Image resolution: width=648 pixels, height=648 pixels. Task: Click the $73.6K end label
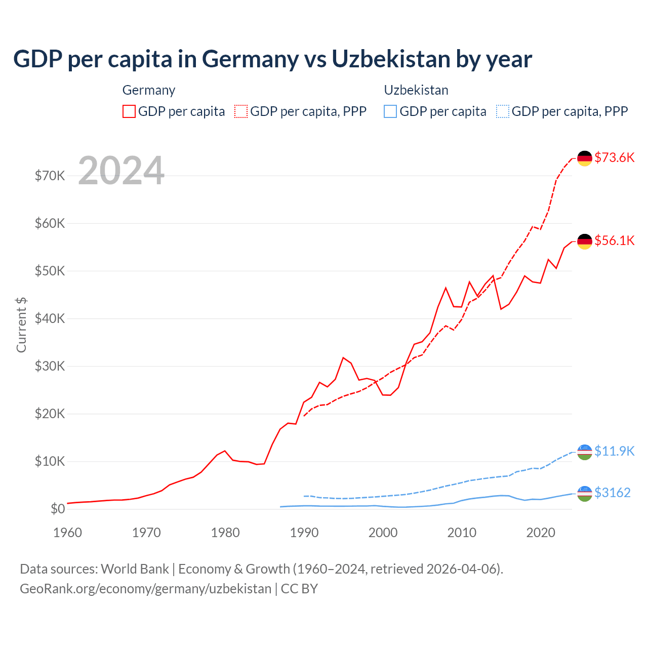pos(614,157)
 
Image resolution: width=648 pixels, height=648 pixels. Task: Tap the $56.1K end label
pos(614,240)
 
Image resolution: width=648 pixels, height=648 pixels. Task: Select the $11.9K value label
pos(614,451)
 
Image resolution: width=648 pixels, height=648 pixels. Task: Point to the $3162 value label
pos(612,493)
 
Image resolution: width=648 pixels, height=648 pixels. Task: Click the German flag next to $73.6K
pos(585,158)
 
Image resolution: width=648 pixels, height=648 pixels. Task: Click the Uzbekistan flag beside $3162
pos(585,494)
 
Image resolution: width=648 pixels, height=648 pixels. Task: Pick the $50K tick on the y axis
pos(50,271)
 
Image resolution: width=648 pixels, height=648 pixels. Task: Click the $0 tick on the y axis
pos(58,509)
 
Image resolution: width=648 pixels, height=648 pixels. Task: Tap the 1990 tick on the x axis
pos(304,533)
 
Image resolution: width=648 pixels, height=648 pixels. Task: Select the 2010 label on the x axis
pos(462,533)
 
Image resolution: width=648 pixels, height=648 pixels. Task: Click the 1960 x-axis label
pos(68,533)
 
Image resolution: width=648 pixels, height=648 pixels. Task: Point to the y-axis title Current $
pos(21,325)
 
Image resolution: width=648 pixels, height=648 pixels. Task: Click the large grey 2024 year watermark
pos(121,171)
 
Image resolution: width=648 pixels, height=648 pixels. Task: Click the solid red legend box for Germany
pos(129,111)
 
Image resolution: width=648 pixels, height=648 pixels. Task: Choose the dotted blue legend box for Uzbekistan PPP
pos(503,111)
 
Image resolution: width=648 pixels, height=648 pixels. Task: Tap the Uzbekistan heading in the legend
pos(416,90)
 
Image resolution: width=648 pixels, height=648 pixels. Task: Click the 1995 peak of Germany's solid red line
pos(343,358)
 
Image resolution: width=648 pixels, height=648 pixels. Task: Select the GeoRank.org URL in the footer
pos(145,589)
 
